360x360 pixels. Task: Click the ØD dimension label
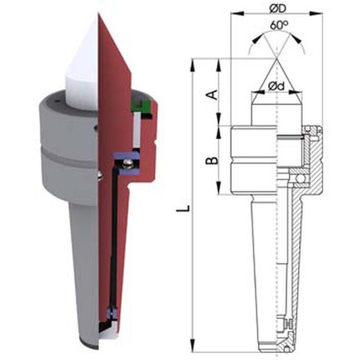[278, 8]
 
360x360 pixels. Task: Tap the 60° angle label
[279, 25]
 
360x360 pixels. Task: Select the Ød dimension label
[276, 87]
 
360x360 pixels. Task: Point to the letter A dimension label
[212, 95]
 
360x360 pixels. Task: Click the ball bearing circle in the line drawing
[300, 178]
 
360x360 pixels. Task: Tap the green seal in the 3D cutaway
[141, 107]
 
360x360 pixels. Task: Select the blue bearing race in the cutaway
[127, 163]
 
